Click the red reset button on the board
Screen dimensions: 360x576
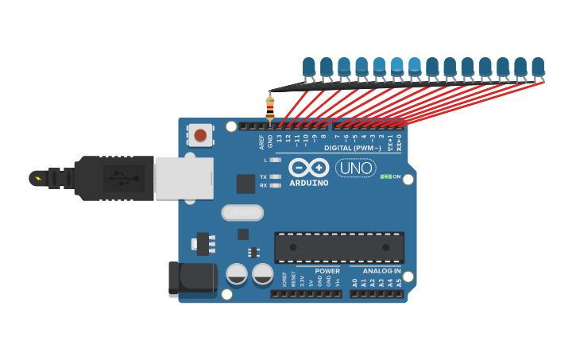[x=200, y=135]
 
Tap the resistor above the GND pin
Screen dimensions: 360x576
[x=270, y=106]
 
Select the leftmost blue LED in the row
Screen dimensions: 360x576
[x=309, y=67]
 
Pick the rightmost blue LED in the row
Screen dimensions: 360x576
[x=538, y=67]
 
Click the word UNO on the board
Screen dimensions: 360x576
[x=355, y=168]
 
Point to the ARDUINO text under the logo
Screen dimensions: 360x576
[x=309, y=183]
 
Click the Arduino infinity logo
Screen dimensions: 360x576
[x=309, y=167]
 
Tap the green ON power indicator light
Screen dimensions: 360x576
[x=387, y=176]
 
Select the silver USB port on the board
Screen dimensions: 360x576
[x=184, y=177]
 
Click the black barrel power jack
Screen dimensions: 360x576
[x=192, y=279]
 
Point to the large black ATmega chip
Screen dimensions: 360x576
[x=339, y=247]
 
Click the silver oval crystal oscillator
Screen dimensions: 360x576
[x=242, y=212]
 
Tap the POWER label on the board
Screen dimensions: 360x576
[x=327, y=271]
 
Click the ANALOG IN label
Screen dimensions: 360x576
[x=376, y=271]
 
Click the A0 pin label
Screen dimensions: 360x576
[x=354, y=282]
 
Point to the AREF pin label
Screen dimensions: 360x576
[x=261, y=141]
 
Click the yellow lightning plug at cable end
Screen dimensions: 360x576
[x=37, y=178]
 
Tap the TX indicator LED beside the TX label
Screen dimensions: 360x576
[x=276, y=176]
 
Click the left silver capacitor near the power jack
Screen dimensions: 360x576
[x=237, y=274]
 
